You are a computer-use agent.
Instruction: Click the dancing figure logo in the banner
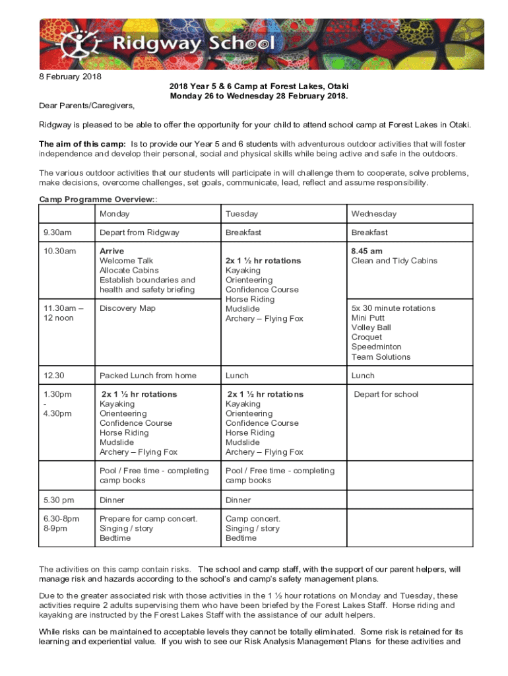[79, 43]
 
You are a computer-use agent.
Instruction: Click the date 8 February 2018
[71, 77]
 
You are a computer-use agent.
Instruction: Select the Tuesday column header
[241, 214]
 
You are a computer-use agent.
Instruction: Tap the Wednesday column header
[373, 214]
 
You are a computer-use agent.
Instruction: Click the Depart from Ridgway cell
[139, 232]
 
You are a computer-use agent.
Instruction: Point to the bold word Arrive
[111, 252]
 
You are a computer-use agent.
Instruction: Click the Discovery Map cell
[128, 308]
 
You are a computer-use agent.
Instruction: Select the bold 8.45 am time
[367, 252]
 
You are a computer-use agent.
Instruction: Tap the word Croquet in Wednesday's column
[366, 337]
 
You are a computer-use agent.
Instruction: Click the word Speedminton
[376, 347]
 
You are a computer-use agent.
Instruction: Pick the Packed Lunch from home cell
[148, 376]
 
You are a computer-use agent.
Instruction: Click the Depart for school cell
[386, 395]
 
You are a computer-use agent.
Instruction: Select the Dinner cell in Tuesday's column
[238, 500]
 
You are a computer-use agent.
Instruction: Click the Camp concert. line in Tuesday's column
[253, 519]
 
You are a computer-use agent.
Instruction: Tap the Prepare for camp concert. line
[148, 519]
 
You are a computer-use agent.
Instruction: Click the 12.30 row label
[54, 376]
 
